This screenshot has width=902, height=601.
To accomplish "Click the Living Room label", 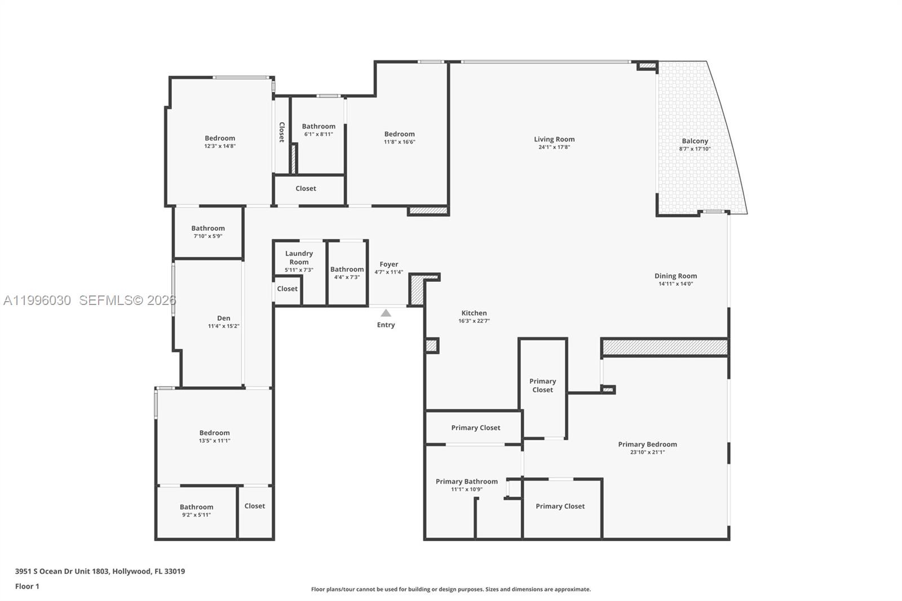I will coord(554,139).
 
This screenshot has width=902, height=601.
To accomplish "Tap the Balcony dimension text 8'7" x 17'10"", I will coord(695,149).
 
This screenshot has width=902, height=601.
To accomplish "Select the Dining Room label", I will coord(675,276).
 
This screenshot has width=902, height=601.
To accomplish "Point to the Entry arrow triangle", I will coord(386,313).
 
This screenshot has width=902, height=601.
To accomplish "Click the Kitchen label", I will coord(474,313).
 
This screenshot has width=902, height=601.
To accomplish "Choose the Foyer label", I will coord(388,264).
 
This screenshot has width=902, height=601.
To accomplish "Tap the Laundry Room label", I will coord(299,258).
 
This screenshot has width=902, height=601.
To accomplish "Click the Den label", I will coord(223,318).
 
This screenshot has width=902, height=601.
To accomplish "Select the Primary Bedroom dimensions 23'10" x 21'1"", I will coord(647,452).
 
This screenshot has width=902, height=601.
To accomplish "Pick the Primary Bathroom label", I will coord(466,481).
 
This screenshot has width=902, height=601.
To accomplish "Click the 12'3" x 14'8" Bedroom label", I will coord(220,138).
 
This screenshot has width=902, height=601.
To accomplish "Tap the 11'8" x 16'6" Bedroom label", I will coord(399,134).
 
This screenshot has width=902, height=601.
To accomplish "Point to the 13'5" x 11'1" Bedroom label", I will coord(214,433).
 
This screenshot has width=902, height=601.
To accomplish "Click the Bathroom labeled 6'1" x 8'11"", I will coord(319,126).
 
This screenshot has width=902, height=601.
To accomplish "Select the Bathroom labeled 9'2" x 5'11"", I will coord(196,507).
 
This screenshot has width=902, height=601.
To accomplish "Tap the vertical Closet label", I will coord(282,132).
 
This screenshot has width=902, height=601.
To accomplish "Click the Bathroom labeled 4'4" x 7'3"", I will coord(347,269).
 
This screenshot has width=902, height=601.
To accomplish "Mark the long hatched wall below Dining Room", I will coord(665,347).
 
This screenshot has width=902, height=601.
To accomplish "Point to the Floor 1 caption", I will coord(27,586).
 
